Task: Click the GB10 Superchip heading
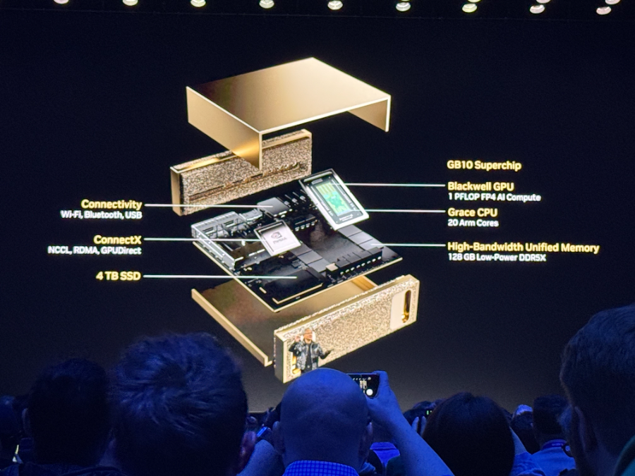tap(484, 165)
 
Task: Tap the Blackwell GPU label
tap(480, 186)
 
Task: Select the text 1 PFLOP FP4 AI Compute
tap(494, 197)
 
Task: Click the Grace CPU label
tap(473, 212)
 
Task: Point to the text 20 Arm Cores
tap(473, 223)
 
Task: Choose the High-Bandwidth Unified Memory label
tap(524, 248)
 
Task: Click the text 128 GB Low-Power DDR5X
tap(497, 257)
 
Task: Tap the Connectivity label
tap(111, 204)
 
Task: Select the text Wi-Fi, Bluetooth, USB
tap(101, 214)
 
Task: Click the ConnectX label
tap(117, 240)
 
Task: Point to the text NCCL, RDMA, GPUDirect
tap(95, 250)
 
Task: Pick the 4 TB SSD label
tap(119, 276)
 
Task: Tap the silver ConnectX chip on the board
tap(278, 238)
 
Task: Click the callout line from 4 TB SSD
tap(220, 277)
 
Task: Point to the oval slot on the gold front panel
tap(406, 306)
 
